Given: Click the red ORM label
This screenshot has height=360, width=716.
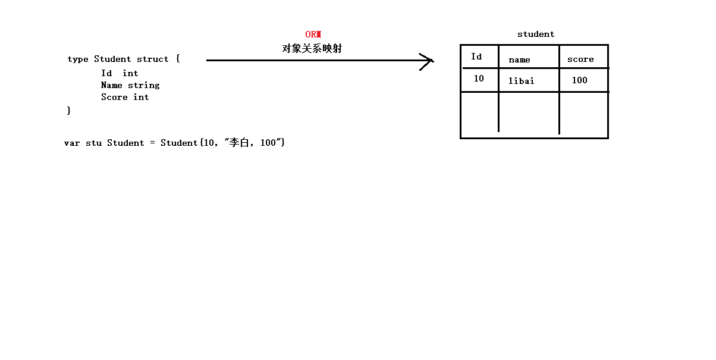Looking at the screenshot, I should point(313,35).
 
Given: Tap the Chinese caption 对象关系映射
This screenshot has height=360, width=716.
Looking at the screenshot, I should point(312,49).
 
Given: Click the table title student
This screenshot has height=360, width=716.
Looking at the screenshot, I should point(535,35).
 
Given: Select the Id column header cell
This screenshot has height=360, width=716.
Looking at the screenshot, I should point(476,57).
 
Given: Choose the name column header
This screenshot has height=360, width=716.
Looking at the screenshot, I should point(519,60).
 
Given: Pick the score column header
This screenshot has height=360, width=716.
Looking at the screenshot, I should point(580,59).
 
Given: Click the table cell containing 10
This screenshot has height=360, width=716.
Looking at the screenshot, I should point(479,79).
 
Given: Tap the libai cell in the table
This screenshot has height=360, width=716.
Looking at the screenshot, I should point(521,80).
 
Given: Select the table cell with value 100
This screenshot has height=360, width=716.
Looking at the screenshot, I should point(579,80).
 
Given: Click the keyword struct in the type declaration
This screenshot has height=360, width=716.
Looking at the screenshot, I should point(153,59).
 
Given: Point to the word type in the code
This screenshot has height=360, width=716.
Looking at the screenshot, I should point(78,59).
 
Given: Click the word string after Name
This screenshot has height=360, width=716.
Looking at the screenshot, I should point(144,85).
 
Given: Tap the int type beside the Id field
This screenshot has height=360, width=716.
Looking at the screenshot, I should point(130,73).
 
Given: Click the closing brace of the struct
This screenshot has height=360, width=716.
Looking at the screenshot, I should point(69,110).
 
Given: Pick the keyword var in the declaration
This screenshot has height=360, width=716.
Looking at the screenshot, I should point(71,143).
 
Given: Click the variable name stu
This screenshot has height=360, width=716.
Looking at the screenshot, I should point(93,143).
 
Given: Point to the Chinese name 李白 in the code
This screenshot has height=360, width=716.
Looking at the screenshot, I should point(238,143).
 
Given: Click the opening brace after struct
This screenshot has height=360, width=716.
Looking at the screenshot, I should point(177,59).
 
